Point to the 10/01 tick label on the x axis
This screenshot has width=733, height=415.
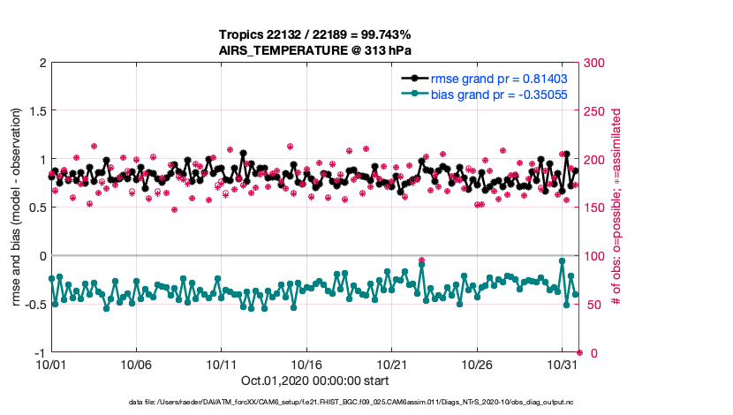click(x=50, y=365)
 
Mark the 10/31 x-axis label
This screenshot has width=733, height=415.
click(x=562, y=365)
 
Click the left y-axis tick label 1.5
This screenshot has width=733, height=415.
click(x=36, y=111)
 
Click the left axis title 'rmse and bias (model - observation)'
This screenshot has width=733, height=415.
click(x=17, y=207)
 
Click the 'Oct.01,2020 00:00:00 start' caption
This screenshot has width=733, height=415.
click(x=314, y=381)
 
